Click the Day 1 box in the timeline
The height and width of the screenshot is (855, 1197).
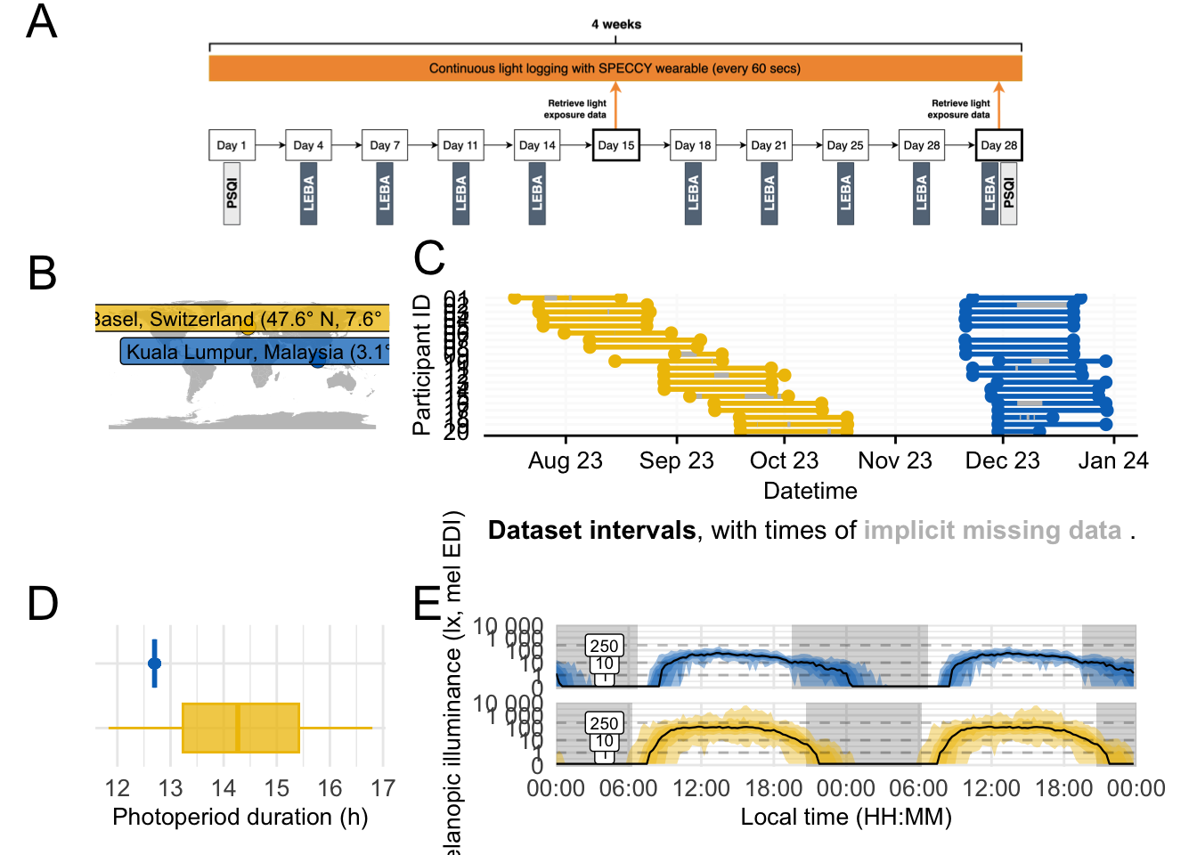(232, 145)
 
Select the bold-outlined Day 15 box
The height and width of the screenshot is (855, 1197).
(615, 145)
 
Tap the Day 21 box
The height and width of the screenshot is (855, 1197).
(769, 145)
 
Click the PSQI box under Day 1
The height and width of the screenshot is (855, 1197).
(232, 193)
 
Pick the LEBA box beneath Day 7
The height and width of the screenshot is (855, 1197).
(385, 193)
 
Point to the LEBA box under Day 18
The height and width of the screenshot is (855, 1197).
(693, 193)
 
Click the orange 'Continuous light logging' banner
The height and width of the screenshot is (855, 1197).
(615, 69)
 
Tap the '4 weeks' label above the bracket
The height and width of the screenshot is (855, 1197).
(615, 24)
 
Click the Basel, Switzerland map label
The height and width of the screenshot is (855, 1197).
(240, 319)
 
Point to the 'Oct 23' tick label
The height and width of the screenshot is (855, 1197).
(784, 460)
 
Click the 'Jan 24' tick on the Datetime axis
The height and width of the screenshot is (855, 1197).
(1113, 460)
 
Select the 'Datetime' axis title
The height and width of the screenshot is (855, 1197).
(810, 491)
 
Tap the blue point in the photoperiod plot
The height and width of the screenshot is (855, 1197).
(154, 664)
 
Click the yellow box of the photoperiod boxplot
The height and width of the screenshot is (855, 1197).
(240, 728)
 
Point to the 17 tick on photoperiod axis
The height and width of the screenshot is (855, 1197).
(383, 788)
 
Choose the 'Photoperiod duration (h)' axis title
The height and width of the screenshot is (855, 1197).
(240, 817)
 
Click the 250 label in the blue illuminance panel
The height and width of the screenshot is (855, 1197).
(604, 646)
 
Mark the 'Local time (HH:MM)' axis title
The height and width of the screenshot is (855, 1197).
(846, 817)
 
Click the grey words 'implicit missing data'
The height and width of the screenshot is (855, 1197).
(992, 531)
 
